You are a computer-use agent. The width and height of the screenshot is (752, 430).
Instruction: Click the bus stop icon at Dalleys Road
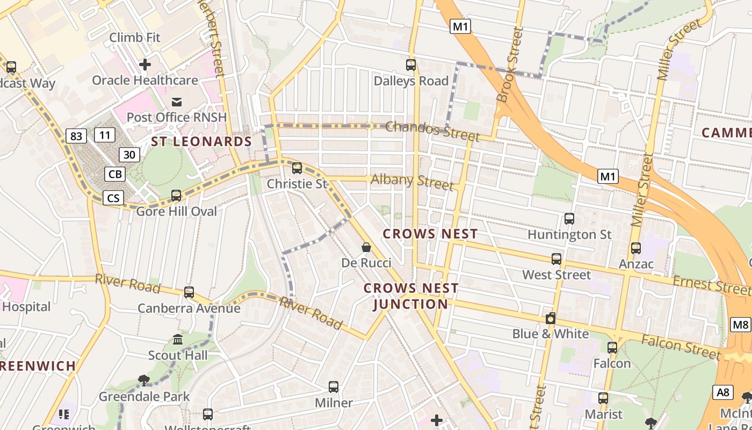(x=411, y=65)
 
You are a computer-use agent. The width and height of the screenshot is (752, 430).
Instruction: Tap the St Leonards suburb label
(x=201, y=141)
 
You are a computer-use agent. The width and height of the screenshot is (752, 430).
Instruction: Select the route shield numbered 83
(x=76, y=136)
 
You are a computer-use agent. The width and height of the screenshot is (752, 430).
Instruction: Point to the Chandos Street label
(x=432, y=130)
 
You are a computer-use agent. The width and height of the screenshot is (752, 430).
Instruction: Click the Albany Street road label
(x=412, y=181)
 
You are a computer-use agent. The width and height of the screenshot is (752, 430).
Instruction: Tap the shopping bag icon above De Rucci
(x=366, y=247)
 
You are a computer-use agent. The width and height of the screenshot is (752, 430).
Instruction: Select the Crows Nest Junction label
(x=411, y=296)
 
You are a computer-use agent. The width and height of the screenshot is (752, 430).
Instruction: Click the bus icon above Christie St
(x=297, y=168)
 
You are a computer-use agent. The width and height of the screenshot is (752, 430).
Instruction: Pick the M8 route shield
(x=740, y=325)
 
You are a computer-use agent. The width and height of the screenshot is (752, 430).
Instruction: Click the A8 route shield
(x=723, y=392)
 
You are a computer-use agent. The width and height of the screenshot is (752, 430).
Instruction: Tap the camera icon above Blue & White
(x=550, y=318)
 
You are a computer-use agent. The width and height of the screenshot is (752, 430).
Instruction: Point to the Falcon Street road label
(x=681, y=346)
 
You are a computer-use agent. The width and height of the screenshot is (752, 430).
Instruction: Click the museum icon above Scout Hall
(x=178, y=340)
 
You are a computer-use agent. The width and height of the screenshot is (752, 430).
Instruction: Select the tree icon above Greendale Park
(x=143, y=381)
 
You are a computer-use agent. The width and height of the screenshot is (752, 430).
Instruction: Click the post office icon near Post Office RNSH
(x=177, y=102)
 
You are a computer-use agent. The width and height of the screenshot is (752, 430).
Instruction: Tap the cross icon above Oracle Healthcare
(x=145, y=64)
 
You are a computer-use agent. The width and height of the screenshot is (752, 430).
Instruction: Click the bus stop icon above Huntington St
(x=569, y=219)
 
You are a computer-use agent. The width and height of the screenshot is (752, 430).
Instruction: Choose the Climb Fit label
(x=134, y=38)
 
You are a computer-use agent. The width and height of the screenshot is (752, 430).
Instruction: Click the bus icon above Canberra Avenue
(x=189, y=292)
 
